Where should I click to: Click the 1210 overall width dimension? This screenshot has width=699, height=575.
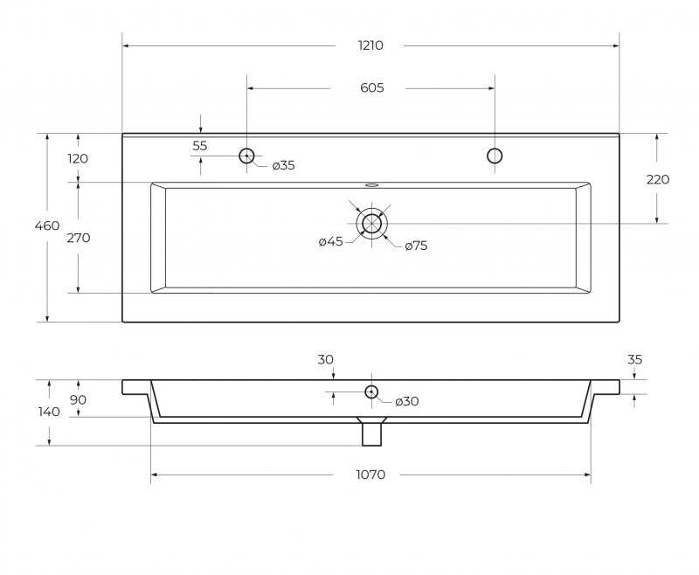[x=370, y=45]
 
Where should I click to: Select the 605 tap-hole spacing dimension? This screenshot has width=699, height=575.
[x=372, y=87]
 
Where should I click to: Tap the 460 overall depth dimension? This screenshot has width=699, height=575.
[x=47, y=225]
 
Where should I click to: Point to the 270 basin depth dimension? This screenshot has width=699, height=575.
[x=79, y=238]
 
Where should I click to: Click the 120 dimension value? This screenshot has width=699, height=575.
[x=78, y=159]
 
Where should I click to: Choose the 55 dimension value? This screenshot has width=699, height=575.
[x=200, y=146]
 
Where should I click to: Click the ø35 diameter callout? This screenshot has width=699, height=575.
[x=283, y=165]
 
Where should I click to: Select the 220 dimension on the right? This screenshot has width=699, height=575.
[x=658, y=180]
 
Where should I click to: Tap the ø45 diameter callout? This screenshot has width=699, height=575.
[x=331, y=241]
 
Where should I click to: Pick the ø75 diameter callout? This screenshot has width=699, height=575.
[x=416, y=246]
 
